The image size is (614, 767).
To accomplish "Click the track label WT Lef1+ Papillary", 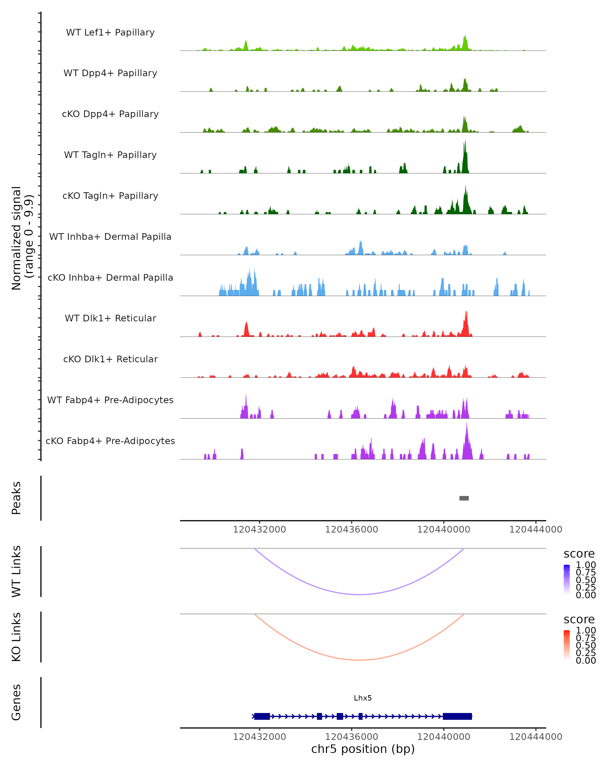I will pyautogui.click(x=110, y=32).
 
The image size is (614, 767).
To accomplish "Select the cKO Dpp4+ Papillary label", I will pyautogui.click(x=110, y=114).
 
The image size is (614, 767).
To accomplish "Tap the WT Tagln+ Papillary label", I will pyautogui.click(x=110, y=155).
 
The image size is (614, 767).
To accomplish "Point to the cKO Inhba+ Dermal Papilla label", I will pyautogui.click(x=110, y=277).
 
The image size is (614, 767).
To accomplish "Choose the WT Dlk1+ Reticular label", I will pyautogui.click(x=110, y=318).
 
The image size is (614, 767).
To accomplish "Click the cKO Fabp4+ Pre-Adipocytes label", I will pyautogui.click(x=110, y=441).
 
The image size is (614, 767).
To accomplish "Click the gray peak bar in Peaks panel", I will pyautogui.click(x=464, y=498).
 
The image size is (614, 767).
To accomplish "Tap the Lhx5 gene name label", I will pyautogui.click(x=363, y=698).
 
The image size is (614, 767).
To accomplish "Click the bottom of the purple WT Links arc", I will pyautogui.click(x=360, y=594).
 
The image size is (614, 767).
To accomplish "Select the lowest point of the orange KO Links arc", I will pyautogui.click(x=360, y=660).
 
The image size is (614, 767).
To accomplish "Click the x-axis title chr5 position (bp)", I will pyautogui.click(x=363, y=749).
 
